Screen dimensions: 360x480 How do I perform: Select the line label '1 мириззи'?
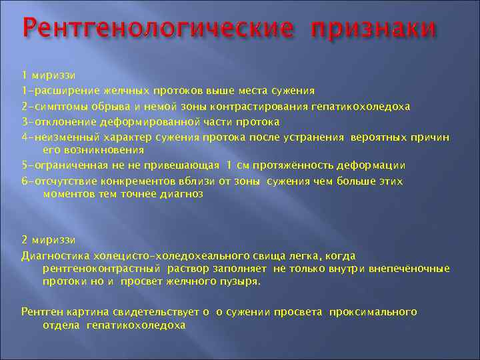tap(48, 75)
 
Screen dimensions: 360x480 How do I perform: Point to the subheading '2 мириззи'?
tap(48, 239)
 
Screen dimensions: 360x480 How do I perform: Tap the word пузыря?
tap(240, 281)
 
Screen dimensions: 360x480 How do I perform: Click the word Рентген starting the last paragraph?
tap(42, 311)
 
